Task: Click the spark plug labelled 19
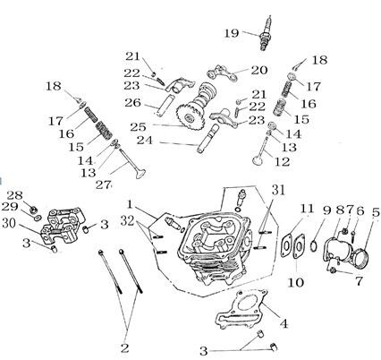coord(266,34)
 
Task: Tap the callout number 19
coord(232,33)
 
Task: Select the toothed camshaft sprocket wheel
coord(190,118)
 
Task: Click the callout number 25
coord(138,127)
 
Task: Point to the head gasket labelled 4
coord(241,309)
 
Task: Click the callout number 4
coord(284,324)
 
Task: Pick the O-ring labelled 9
coord(314,245)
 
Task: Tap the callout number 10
coord(295,282)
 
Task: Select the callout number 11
coord(307,209)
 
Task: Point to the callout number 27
coord(104,185)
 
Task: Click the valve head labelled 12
coord(257,160)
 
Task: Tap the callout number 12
coord(282,162)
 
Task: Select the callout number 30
coord(9,223)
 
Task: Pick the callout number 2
coord(124,348)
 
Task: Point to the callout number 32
coord(129,220)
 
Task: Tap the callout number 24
coord(144,141)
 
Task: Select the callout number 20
coord(259,70)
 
